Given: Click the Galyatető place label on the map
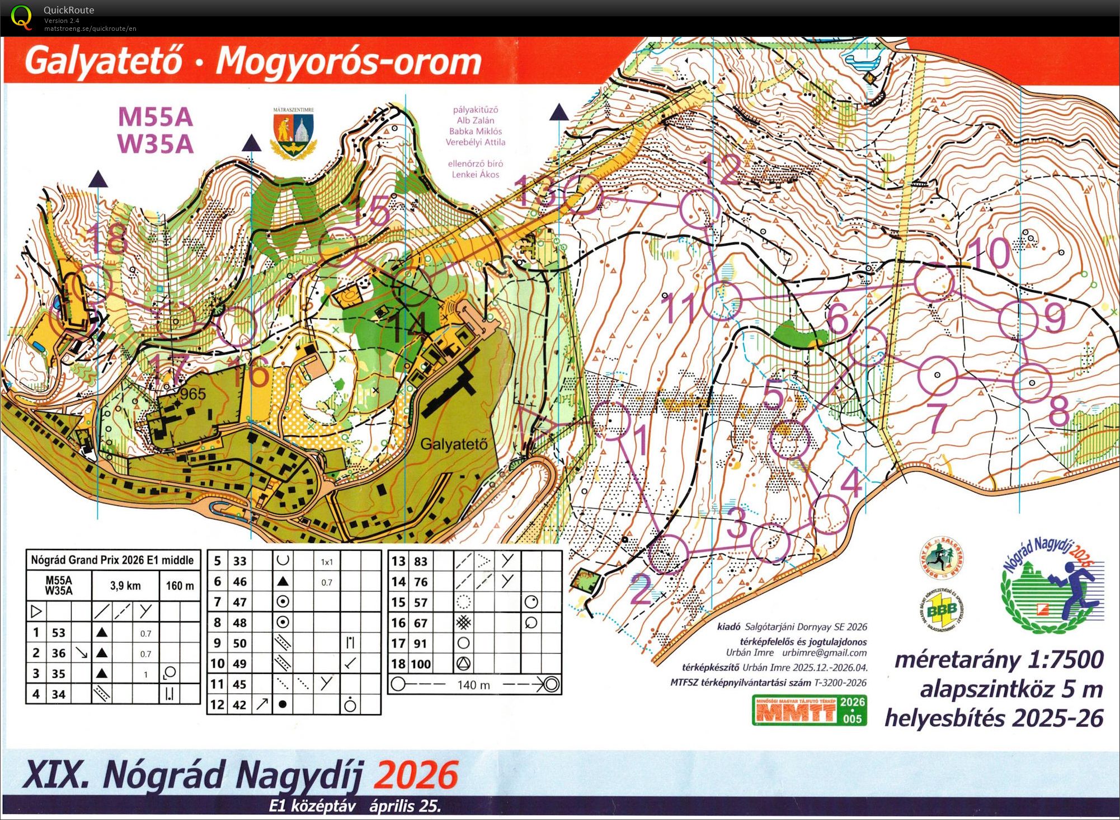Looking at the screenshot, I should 454,444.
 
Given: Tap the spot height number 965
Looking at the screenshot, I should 193,394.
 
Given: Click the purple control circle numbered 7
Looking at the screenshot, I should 938,375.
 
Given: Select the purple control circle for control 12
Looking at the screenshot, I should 700,208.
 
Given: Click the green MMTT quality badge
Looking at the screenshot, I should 809,710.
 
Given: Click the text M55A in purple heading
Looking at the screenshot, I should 156,118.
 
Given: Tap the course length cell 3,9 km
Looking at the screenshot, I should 125,585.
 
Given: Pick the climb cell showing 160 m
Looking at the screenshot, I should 180,585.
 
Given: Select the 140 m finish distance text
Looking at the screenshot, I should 473,685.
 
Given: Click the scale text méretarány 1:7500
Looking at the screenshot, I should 999,659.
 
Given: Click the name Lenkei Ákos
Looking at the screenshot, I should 475,175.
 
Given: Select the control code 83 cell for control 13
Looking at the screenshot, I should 420,561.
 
